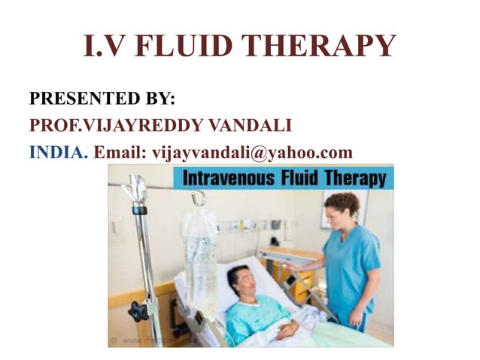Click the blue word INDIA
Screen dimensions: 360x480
tap(58, 152)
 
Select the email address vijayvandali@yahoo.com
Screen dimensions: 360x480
tap(252, 152)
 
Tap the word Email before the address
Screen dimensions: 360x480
tap(119, 152)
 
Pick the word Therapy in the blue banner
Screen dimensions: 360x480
tap(355, 179)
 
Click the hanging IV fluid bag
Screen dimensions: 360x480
tap(200, 256)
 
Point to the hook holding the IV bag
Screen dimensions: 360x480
tap(199, 197)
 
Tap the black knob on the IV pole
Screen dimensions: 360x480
tap(138, 310)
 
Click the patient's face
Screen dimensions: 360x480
tap(242, 282)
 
